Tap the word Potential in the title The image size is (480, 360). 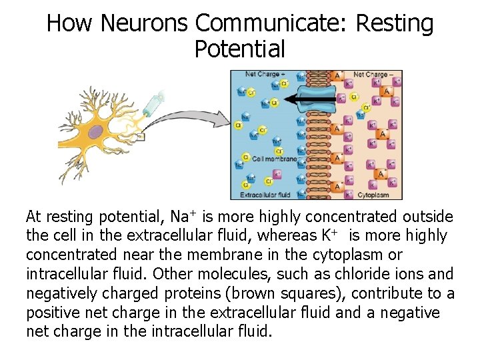[239, 49]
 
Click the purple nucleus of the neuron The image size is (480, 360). [98, 131]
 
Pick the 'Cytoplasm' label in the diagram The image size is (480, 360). [374, 194]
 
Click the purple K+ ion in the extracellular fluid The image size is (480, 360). [277, 174]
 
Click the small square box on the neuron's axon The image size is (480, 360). [141, 137]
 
